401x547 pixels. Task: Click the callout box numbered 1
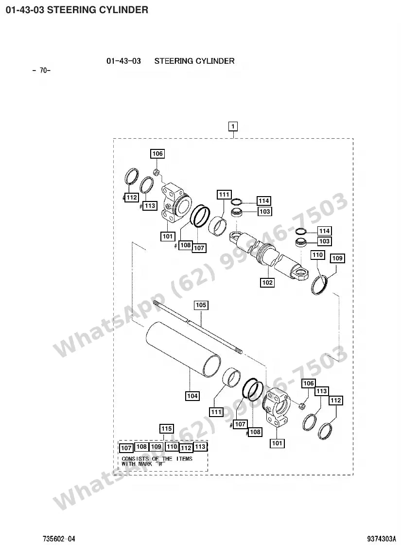point(233,126)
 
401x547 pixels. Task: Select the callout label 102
point(267,283)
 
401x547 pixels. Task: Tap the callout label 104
point(192,396)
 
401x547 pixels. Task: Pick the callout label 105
point(201,305)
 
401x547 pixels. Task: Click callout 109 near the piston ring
point(337,258)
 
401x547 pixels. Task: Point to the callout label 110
point(318,255)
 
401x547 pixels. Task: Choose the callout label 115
point(167,428)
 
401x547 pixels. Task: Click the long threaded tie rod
point(198,328)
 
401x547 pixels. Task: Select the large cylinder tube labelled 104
point(183,349)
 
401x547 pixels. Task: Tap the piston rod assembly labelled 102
point(269,255)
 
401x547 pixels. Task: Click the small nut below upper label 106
point(157,172)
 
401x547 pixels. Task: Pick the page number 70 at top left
point(42,71)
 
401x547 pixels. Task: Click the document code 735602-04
point(59,539)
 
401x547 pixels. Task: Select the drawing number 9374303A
point(382,539)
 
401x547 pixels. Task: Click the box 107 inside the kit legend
point(126,448)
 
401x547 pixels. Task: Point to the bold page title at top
point(77,10)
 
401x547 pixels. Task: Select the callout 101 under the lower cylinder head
point(277,443)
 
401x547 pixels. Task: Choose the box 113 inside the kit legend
point(200,447)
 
